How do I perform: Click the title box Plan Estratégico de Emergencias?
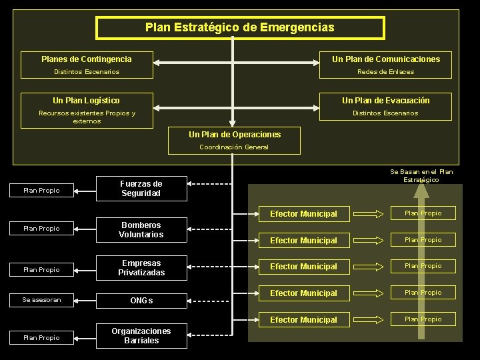(240, 28)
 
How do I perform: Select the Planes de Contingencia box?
(87, 59)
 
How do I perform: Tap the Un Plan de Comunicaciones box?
(386, 59)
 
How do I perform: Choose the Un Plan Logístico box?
(87, 101)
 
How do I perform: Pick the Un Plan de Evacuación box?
(386, 101)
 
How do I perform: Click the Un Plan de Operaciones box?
(234, 135)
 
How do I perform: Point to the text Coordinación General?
(234, 147)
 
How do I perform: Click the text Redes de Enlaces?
(385, 72)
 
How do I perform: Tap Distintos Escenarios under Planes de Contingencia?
(87, 72)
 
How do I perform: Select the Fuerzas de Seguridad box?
(141, 189)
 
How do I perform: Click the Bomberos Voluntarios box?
(141, 230)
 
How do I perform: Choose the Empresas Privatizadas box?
(141, 268)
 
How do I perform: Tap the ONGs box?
(141, 301)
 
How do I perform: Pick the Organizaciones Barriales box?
(141, 336)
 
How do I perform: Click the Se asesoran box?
(41, 300)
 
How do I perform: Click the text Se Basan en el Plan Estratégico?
(421, 176)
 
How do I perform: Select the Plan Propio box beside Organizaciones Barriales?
(41, 338)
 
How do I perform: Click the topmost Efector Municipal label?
(303, 214)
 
